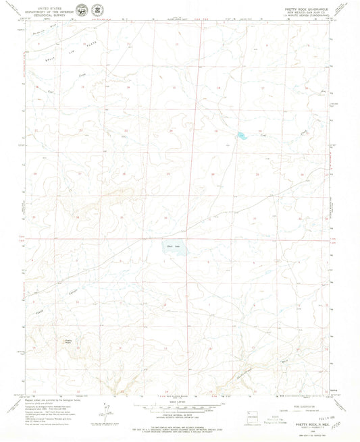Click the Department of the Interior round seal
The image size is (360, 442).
point(81,10)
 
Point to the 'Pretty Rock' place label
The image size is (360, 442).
point(68,342)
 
